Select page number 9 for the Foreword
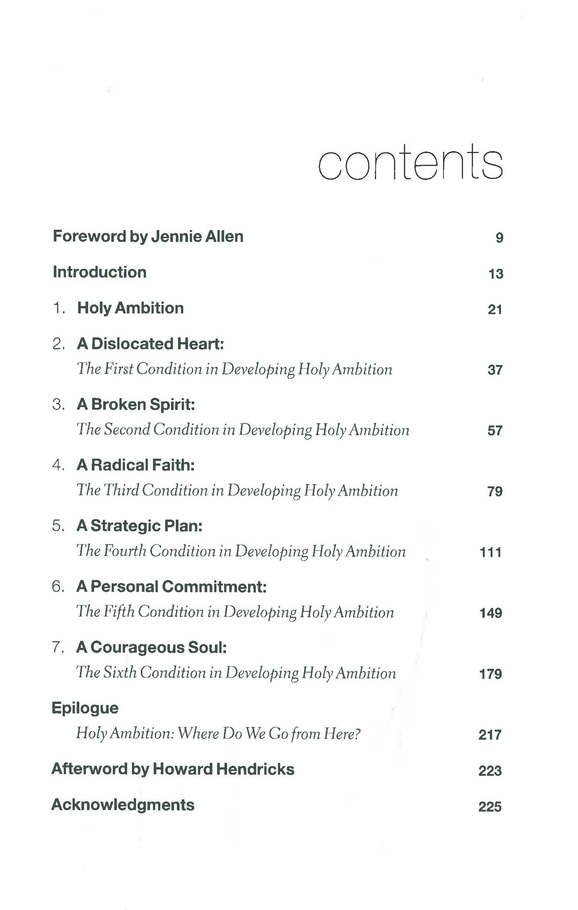[499, 238]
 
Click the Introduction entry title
[99, 272]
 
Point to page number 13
[496, 274]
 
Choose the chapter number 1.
[58, 308]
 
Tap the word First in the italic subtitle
[119, 369]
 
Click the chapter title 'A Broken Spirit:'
[136, 404]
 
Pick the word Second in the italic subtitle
[127, 430]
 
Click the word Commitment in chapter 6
[214, 586]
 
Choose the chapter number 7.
[57, 647]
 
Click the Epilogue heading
[85, 708]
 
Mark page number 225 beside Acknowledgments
[490, 807]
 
